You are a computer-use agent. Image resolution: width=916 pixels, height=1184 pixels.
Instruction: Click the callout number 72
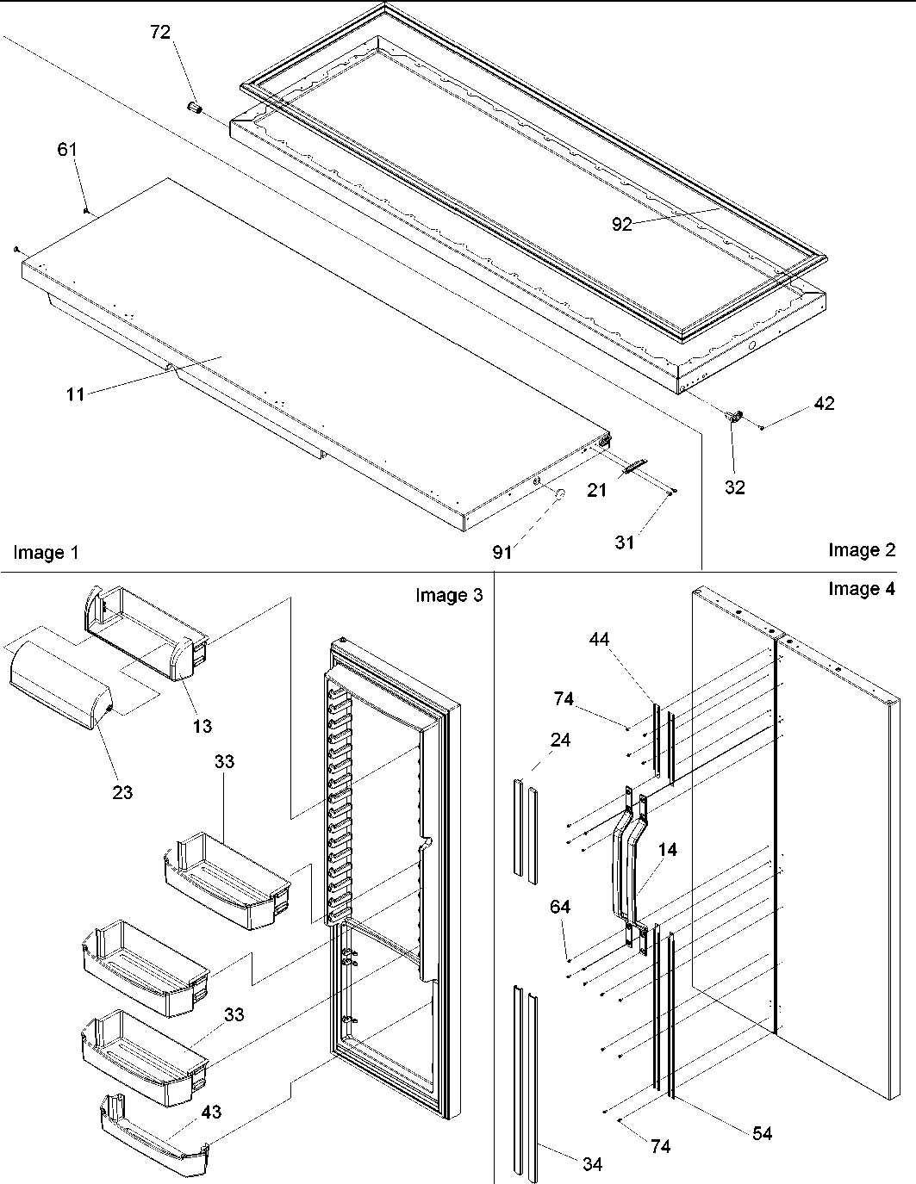160,33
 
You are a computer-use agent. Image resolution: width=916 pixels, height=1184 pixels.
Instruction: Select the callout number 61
67,150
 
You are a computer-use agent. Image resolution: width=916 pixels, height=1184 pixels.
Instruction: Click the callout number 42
824,403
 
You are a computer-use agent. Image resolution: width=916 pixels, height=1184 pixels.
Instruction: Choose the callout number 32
734,487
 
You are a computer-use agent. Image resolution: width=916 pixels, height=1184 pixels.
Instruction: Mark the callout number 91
502,553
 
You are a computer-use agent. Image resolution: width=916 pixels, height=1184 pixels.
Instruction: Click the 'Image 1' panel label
46,553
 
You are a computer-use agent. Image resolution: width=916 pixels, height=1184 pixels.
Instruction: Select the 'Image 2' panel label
862,550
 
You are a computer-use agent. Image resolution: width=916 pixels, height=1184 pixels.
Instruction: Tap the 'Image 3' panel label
449,595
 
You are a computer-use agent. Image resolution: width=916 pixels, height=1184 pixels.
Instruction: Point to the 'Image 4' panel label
862,589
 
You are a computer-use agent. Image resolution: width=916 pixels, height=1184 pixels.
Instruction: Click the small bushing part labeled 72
195,109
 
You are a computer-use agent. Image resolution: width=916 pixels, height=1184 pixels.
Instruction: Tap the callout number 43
211,1112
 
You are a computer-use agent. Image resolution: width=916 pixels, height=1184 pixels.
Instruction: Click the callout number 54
762,1133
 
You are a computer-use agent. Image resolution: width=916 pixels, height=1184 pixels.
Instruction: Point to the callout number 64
561,907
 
